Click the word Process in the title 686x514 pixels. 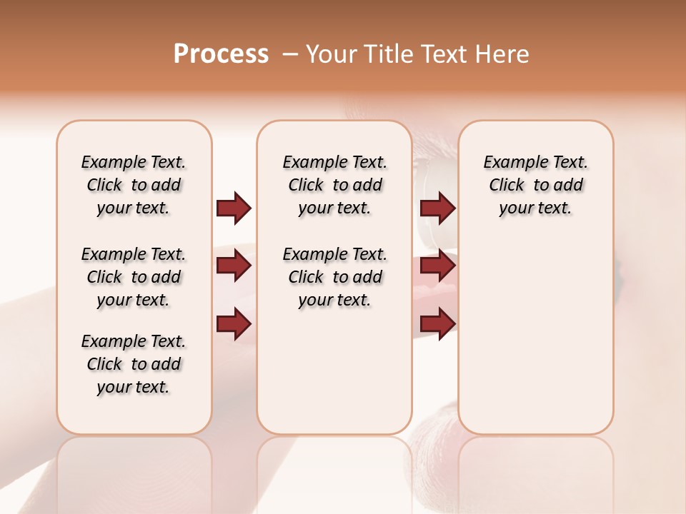(221, 54)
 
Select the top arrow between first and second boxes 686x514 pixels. (234, 208)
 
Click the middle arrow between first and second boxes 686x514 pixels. (234, 266)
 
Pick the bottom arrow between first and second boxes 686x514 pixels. (234, 323)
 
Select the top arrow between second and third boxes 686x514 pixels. (437, 208)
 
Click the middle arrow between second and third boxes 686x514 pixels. (437, 266)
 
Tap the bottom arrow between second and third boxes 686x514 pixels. (437, 323)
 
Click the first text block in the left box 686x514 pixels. (134, 185)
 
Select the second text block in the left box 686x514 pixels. (134, 277)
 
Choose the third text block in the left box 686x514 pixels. (134, 364)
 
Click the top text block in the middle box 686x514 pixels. (334, 185)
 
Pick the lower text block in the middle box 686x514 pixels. (334, 277)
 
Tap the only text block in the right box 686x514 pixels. (535, 185)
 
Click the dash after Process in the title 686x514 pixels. (290, 54)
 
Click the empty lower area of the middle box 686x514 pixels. (334, 371)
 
